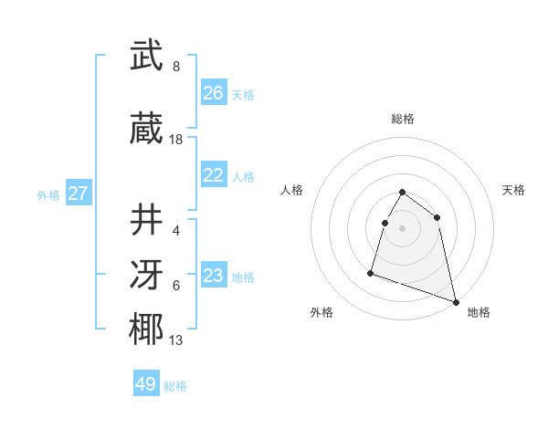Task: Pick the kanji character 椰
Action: [x=146, y=330]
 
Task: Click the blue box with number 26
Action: [x=213, y=93]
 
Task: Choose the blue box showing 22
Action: [x=213, y=175]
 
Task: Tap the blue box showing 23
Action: [x=213, y=276]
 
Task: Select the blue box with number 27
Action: [x=78, y=194]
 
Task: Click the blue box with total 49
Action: [x=146, y=384]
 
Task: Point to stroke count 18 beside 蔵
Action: [x=176, y=140]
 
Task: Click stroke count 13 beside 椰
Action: [x=176, y=340]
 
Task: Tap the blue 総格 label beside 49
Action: [x=175, y=386]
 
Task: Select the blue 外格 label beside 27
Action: [x=48, y=195]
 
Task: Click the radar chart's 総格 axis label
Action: [x=403, y=119]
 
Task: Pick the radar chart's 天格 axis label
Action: [x=514, y=190]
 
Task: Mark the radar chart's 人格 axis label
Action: [x=292, y=190]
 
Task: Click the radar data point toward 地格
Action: [x=456, y=301]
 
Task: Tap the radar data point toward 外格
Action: [x=371, y=272]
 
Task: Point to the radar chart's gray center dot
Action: [x=403, y=228]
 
